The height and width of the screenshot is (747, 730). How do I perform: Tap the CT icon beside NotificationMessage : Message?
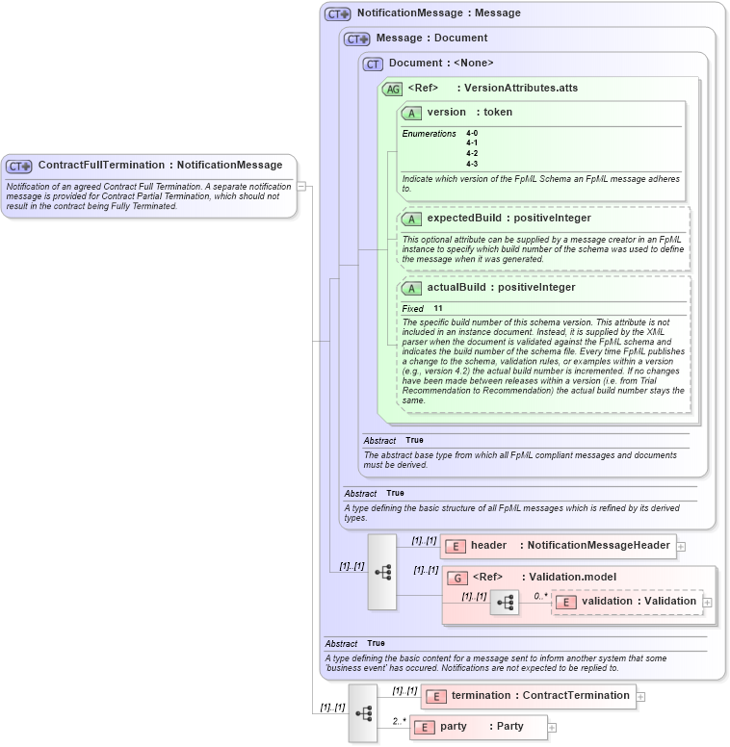point(336,13)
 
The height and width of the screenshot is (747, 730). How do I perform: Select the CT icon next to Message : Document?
point(356,39)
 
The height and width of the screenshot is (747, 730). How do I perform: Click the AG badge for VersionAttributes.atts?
point(392,89)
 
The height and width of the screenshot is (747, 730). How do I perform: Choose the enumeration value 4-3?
point(472,164)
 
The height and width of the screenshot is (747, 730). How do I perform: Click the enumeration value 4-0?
point(472,133)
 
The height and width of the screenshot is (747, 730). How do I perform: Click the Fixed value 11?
point(437,308)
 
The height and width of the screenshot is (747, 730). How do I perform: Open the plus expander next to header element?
point(681,546)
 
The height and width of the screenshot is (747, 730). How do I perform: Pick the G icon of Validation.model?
point(458,578)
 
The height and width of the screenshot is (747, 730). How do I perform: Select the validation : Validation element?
point(639,602)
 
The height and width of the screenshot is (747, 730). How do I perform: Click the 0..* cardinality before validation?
point(540,596)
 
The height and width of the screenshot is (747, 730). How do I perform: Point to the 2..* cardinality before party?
point(399,721)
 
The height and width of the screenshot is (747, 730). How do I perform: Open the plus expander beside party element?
point(552,727)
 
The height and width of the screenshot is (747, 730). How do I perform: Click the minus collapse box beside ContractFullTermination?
point(301,187)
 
